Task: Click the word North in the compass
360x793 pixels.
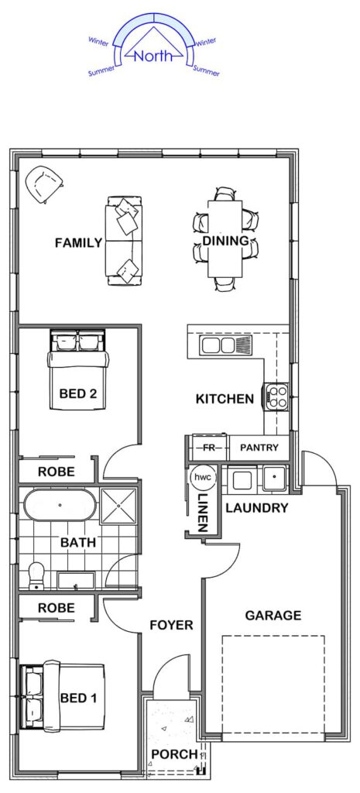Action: (154, 55)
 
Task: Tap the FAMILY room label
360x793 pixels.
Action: (78, 243)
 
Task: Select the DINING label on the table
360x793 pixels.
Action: (226, 241)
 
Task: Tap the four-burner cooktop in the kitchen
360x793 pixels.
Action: (275, 396)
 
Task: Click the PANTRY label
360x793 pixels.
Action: (259, 447)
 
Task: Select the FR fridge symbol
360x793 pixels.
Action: (208, 448)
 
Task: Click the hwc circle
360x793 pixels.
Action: (204, 477)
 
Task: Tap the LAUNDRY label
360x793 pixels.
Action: (257, 508)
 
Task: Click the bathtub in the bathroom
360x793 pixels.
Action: (60, 505)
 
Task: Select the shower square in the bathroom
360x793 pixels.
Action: (118, 506)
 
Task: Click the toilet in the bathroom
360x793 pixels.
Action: (36, 576)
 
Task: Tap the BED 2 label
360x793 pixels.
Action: (78, 393)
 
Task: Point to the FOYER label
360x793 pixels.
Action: (172, 625)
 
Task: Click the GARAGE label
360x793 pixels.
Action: (273, 616)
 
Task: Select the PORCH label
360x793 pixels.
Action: (174, 754)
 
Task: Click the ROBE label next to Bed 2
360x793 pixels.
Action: (57, 472)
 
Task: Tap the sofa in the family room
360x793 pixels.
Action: (124, 242)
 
